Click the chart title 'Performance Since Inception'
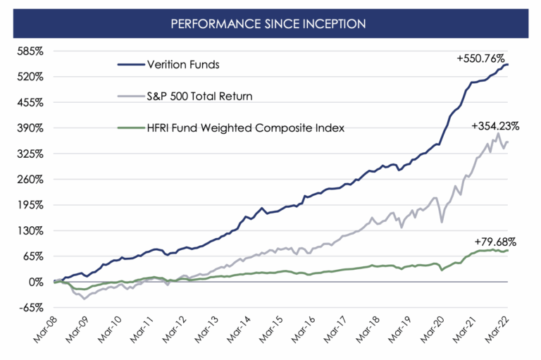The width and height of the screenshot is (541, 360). tap(270, 23)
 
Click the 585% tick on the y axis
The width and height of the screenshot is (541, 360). tap(30, 51)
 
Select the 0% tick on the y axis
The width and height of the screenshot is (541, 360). tap(35, 282)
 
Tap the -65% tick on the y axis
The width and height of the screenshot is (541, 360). tap(31, 307)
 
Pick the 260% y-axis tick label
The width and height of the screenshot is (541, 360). tap(30, 179)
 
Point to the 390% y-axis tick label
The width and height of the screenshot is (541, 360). tap(30, 128)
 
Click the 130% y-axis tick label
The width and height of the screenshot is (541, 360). tap(30, 230)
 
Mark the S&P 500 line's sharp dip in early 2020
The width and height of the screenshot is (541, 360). tap(442, 222)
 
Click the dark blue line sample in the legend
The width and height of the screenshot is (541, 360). tap(131, 65)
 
